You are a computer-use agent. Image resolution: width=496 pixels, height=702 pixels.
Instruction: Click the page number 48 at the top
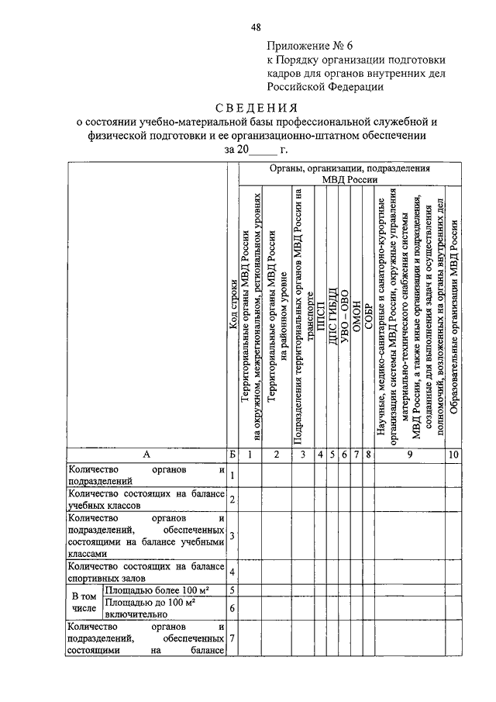tap(256, 29)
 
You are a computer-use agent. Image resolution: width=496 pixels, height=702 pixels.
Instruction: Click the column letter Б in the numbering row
tap(232, 454)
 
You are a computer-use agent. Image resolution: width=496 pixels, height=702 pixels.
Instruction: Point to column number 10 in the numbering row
tap(453, 454)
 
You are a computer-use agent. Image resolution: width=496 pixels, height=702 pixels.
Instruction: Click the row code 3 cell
tap(232, 535)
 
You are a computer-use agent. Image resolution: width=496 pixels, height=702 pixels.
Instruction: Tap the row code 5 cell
tap(232, 591)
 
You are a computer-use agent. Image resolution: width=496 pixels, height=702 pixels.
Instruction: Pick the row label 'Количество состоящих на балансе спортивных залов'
tap(146, 572)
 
